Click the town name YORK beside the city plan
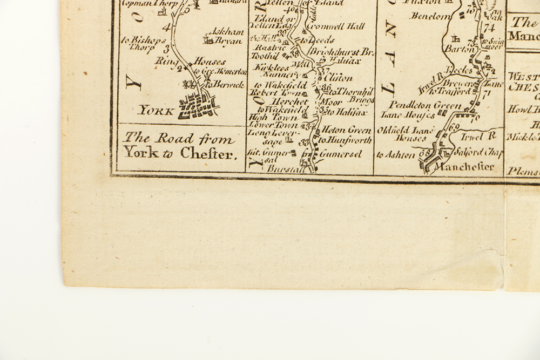(x=156, y=111)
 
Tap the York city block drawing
(x=198, y=105)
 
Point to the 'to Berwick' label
(x=224, y=85)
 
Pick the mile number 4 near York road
(x=165, y=28)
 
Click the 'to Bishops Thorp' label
(x=140, y=43)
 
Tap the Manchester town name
(x=464, y=167)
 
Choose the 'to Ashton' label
(x=396, y=155)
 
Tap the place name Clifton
(x=341, y=78)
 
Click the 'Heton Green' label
(x=347, y=130)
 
